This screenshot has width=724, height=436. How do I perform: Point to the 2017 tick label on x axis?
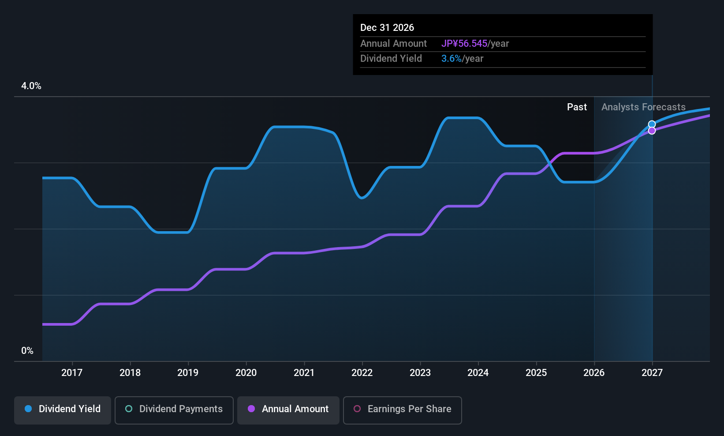click(x=72, y=372)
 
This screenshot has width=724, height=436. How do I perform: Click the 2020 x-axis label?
click(x=246, y=372)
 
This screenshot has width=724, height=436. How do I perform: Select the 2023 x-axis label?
click(x=420, y=372)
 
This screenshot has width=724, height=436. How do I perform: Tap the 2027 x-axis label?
click(x=652, y=372)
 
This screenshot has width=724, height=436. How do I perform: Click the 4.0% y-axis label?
click(x=31, y=86)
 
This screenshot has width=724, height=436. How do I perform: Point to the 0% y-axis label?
click(x=27, y=351)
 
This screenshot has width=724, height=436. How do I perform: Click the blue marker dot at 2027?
click(x=652, y=124)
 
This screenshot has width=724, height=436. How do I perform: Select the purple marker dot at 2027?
click(x=652, y=131)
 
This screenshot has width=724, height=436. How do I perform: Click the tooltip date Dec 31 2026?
click(x=387, y=27)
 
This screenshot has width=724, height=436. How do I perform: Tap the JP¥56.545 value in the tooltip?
click(x=464, y=43)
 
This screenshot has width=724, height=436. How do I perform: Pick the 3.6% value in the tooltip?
click(x=451, y=59)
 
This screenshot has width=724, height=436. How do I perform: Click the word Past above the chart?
click(x=577, y=107)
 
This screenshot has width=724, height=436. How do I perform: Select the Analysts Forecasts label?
click(x=643, y=107)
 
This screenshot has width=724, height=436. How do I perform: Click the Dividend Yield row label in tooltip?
click(x=391, y=59)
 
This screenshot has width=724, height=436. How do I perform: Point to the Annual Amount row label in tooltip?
click(x=393, y=43)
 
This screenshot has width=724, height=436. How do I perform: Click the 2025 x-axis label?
click(x=536, y=372)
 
